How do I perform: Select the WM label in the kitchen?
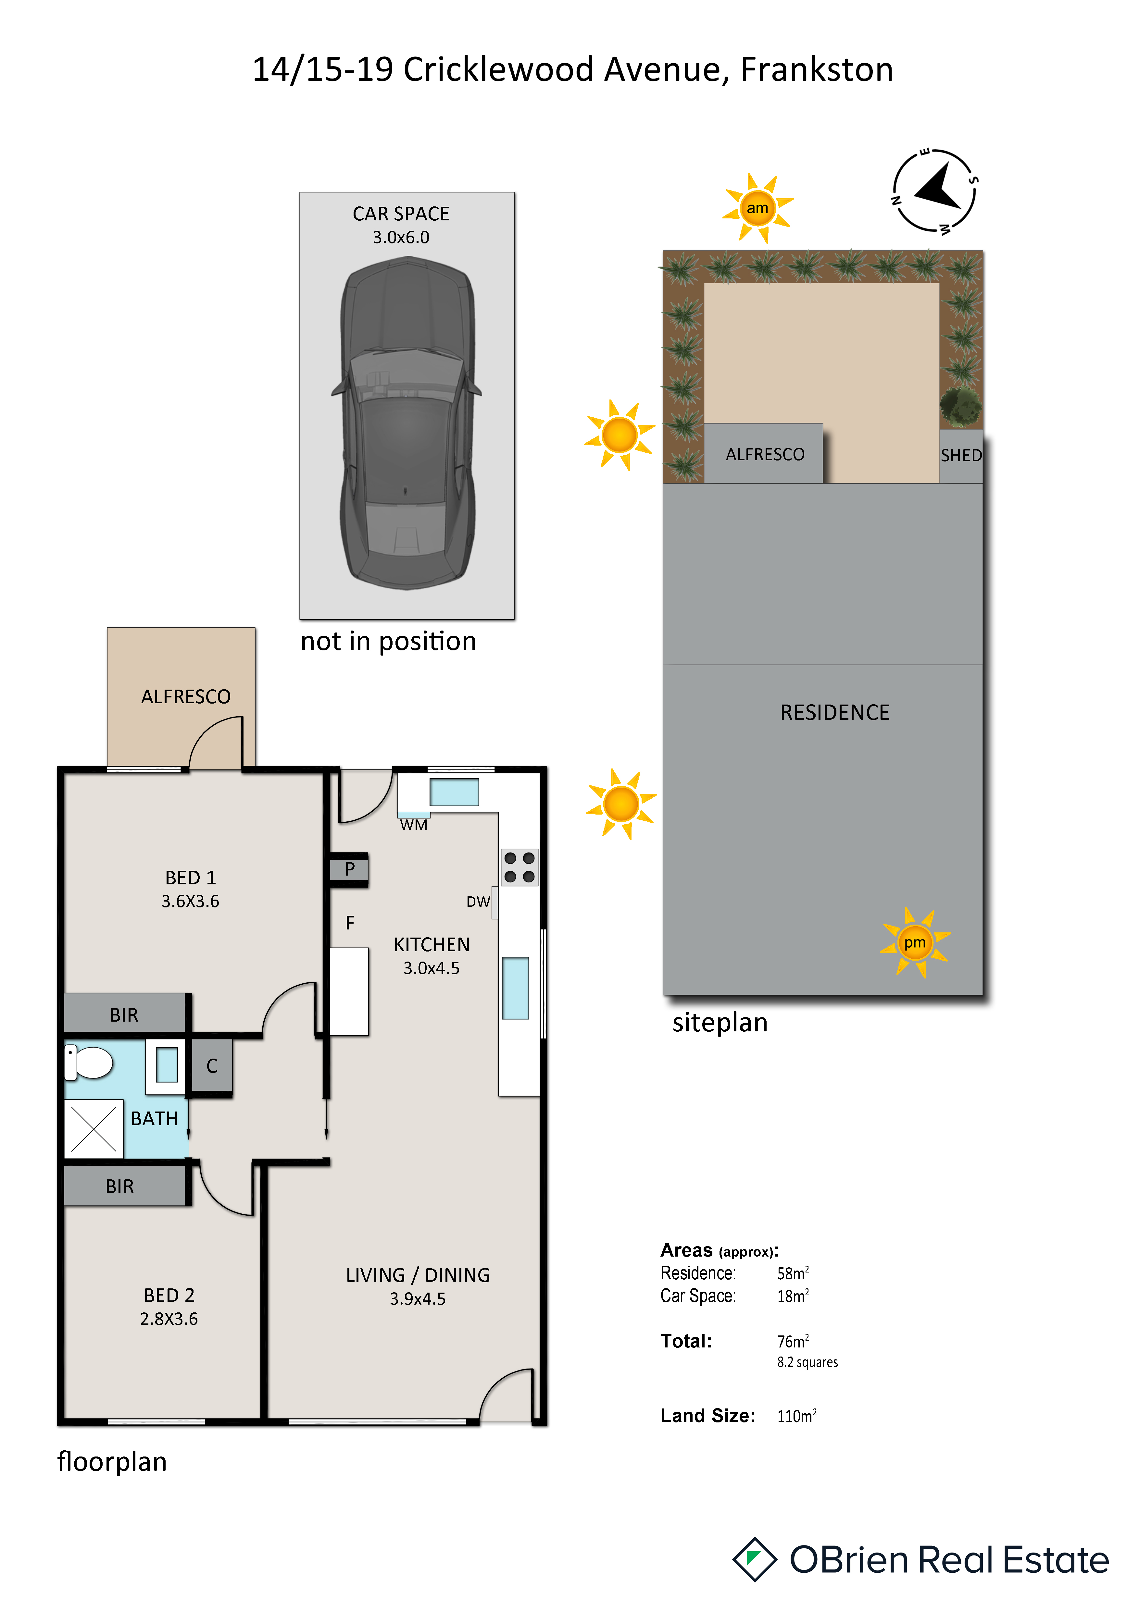pyautogui.click(x=414, y=825)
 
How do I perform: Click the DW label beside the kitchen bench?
pyautogui.click(x=478, y=902)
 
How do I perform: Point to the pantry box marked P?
pyautogui.click(x=349, y=869)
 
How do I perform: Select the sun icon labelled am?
pyautogui.click(x=757, y=208)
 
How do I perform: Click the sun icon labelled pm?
pyautogui.click(x=915, y=942)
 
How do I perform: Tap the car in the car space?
pyautogui.click(x=407, y=423)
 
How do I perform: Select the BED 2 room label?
pyautogui.click(x=169, y=1295)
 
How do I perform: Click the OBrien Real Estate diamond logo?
pyautogui.click(x=755, y=1559)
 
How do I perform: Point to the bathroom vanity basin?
pyautogui.click(x=166, y=1064)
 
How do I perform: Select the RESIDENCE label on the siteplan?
pyautogui.click(x=835, y=712)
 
